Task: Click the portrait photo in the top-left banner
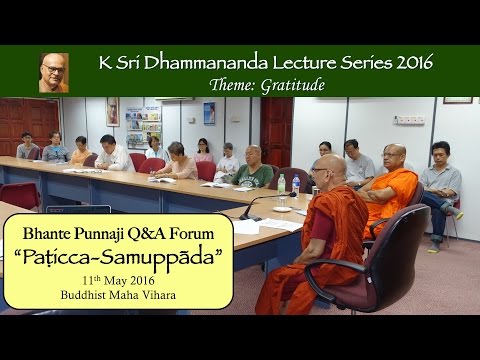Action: [54, 72]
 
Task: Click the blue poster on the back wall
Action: [209, 113]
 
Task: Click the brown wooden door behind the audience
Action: [276, 130]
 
